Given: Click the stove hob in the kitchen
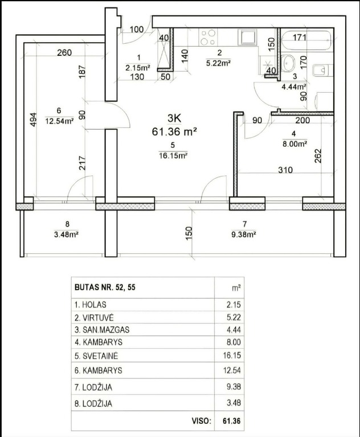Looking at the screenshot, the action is [x=208, y=38].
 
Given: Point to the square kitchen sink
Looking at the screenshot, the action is [x=247, y=37].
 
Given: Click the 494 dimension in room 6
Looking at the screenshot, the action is [x=33, y=119].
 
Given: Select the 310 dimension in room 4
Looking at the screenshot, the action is [x=285, y=170].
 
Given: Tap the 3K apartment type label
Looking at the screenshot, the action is [x=174, y=118].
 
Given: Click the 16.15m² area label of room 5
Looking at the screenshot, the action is [x=173, y=155].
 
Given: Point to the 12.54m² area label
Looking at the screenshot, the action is [x=59, y=121].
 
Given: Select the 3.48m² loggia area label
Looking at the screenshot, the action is [x=66, y=234].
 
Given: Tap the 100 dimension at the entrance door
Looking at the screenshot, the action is [x=137, y=29].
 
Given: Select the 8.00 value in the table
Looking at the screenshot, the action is [x=234, y=342].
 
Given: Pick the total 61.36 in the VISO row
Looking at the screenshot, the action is [x=232, y=420].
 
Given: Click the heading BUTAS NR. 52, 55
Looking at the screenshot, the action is [x=105, y=287].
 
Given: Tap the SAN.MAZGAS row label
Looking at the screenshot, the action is [x=106, y=330].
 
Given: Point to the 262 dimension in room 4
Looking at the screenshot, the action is [x=318, y=156].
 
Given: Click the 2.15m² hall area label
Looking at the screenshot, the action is [x=138, y=67].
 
